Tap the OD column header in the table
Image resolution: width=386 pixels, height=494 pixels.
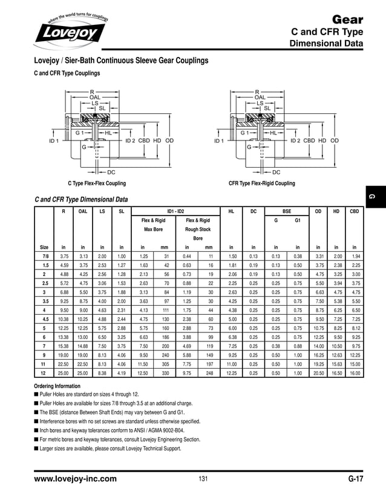coord(318,211)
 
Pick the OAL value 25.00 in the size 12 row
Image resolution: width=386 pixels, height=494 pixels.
coord(83,374)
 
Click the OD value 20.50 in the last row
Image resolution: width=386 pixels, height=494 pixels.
coord(318,374)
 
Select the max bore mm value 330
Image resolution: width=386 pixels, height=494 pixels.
coord(164,374)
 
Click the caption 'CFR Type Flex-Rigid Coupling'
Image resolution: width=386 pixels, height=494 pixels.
coord(261,183)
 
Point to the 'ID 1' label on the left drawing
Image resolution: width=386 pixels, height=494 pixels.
coord(54,141)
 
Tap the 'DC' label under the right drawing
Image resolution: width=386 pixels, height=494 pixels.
coord(276,173)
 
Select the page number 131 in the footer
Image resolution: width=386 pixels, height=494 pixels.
coord(203,479)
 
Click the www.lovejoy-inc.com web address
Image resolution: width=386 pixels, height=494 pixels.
coord(75,479)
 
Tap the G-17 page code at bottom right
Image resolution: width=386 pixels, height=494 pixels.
coord(355,479)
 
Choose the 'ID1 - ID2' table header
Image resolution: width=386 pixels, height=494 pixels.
coord(175,211)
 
